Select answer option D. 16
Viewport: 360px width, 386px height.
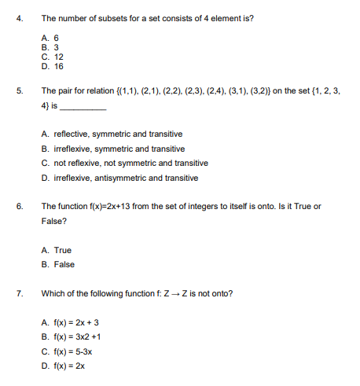coord(53,66)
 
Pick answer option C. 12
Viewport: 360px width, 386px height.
coord(53,57)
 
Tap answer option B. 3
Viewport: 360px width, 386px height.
coord(50,47)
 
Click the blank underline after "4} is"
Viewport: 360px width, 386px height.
coord(83,105)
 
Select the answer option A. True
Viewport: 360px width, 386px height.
coord(57,250)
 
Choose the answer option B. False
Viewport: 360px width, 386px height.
coord(57,264)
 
